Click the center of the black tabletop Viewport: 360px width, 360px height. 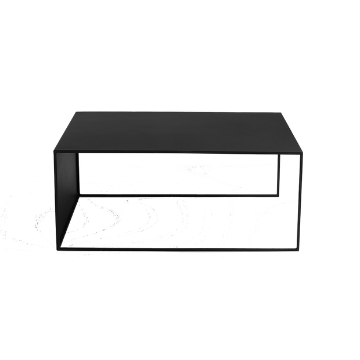[180, 131]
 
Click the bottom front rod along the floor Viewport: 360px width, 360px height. [180, 249]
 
